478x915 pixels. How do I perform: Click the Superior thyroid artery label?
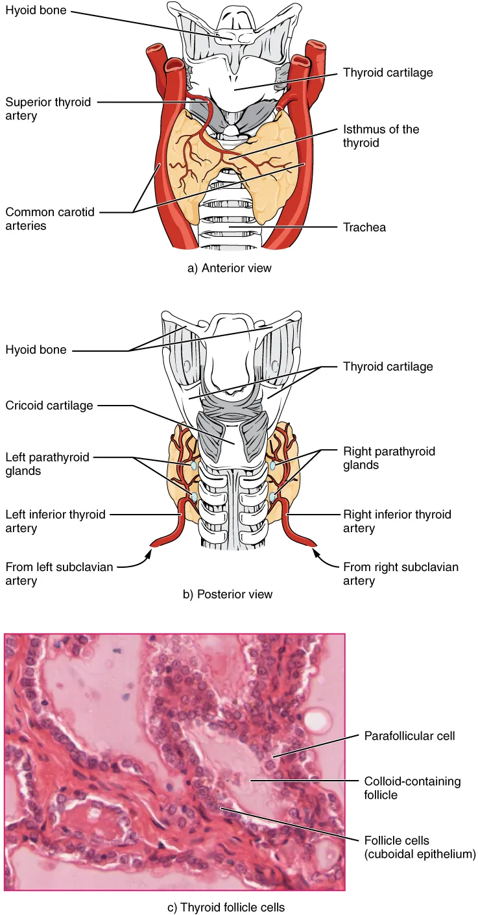48,108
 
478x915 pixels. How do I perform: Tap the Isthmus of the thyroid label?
381,136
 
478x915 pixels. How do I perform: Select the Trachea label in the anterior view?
364,228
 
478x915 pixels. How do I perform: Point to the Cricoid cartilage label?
49,406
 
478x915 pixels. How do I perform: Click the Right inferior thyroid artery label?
396,521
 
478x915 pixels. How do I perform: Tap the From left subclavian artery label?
59,574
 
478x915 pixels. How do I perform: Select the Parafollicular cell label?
409,736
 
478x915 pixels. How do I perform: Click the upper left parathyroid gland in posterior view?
193,466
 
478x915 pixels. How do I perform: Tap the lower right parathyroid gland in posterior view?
274,497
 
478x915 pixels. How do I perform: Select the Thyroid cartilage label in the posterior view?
387,367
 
